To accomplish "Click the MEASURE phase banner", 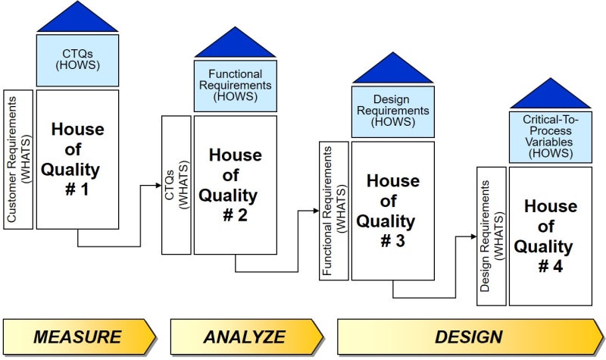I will coord(78,337).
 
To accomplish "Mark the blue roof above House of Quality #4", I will coord(550,95).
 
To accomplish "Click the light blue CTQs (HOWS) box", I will coord(78,61).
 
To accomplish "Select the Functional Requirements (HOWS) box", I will coord(235,86).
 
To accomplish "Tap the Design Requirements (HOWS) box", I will coord(392,111).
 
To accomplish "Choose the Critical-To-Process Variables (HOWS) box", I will coord(550,137).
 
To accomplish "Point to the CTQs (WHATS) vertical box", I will coord(176,185).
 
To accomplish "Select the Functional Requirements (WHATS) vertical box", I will coord(333,210).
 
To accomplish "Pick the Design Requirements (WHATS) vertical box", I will coord(492,236).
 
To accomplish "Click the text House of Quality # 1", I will coord(77,159).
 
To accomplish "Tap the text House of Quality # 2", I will coord(235,185).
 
